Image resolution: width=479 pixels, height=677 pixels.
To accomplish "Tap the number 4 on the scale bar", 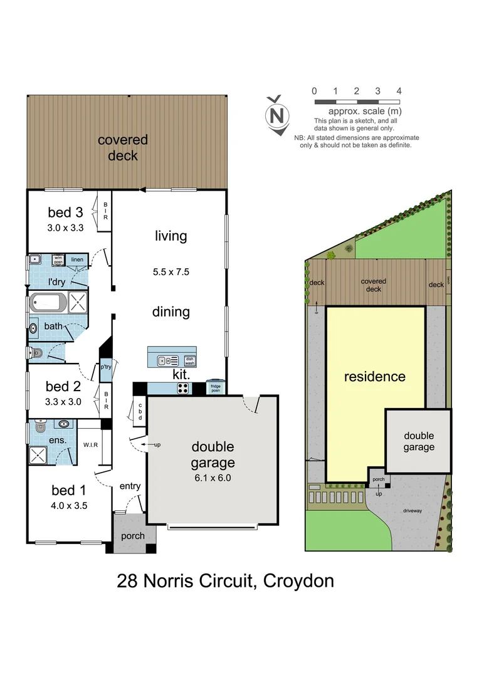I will tap(399, 92).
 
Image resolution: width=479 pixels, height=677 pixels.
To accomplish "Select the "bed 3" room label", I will tap(65, 213).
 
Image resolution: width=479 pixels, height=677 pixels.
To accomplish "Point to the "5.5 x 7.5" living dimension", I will tap(171, 272).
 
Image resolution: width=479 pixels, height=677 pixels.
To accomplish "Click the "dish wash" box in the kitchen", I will tap(190, 360).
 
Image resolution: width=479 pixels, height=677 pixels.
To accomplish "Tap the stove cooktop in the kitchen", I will tap(184, 388).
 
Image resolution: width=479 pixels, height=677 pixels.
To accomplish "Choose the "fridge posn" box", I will tap(216, 388).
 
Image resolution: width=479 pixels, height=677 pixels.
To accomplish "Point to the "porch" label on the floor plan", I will tap(132, 536).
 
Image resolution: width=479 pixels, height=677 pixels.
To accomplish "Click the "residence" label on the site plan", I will tap(374, 377).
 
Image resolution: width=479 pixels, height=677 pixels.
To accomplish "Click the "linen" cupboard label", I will tap(76, 259).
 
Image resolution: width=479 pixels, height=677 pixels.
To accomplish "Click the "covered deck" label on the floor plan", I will tap(123, 147).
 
